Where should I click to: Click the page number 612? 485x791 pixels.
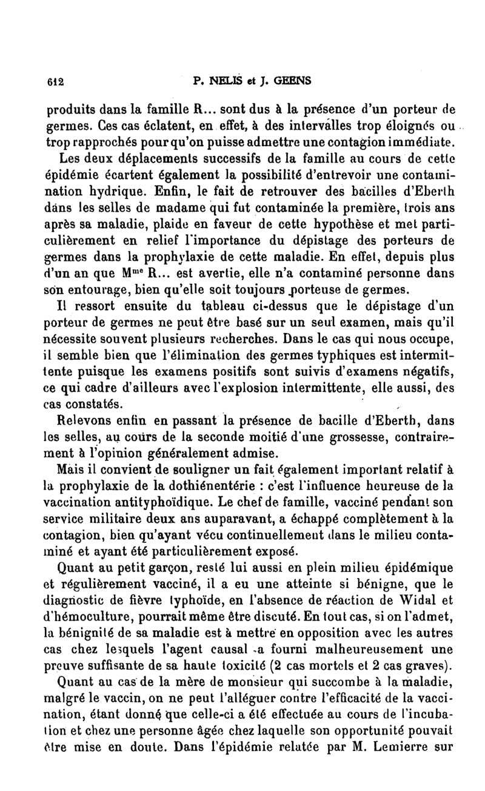coord(55,81)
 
